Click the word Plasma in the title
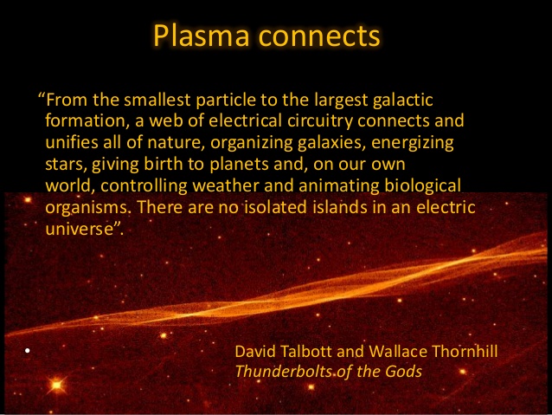click(201, 36)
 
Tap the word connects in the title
click(319, 37)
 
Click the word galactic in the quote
click(402, 101)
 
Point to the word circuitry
click(319, 121)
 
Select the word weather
click(226, 185)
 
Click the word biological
click(422, 186)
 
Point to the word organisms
click(87, 208)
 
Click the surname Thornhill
click(465, 352)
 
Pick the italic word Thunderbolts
click(284, 372)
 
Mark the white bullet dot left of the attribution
click(28, 351)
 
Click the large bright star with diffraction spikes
click(56, 385)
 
